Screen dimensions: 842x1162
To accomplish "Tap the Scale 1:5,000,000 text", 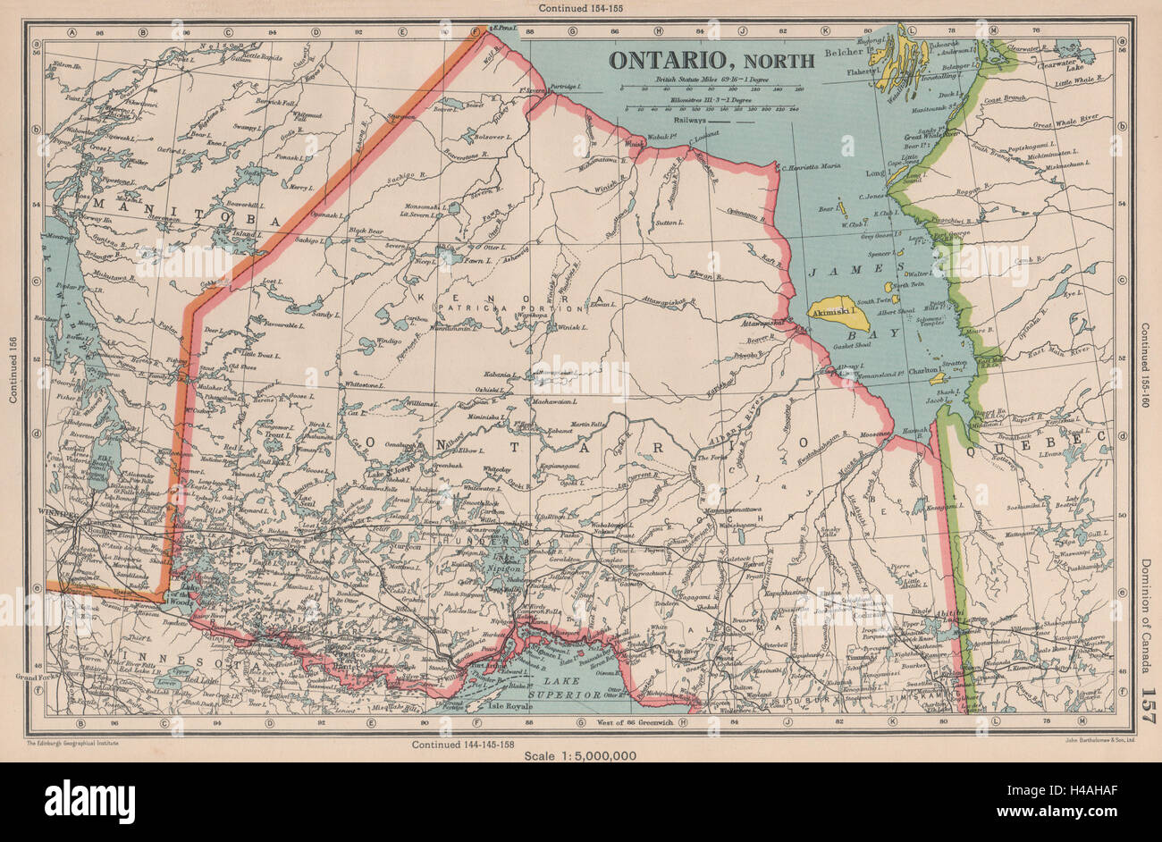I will (581, 756).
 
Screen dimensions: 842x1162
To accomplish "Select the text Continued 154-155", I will (582, 8).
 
